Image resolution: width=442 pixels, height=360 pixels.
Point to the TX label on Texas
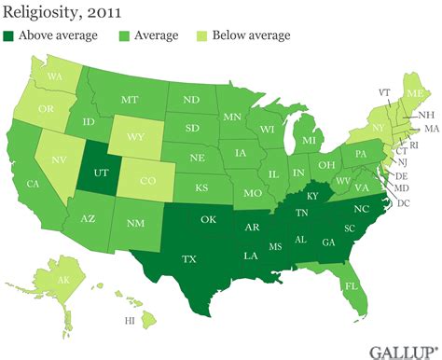[189, 258]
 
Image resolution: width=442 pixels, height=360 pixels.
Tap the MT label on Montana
[129, 98]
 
